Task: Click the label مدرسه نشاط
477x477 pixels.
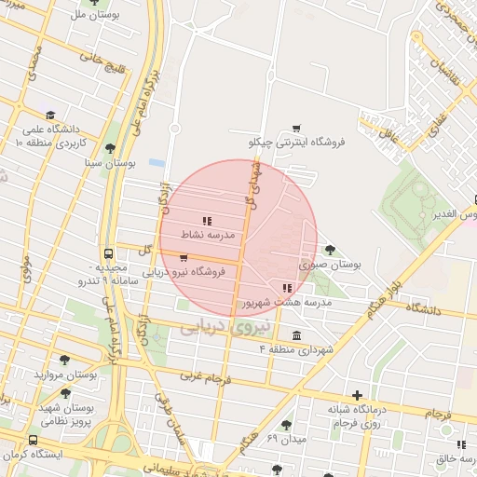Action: tap(215, 237)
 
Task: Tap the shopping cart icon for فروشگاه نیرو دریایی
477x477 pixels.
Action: tap(184, 258)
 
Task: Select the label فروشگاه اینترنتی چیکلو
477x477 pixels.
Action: tap(297, 143)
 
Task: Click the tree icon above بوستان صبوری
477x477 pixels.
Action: tap(330, 249)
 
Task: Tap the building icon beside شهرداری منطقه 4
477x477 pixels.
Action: tap(296, 335)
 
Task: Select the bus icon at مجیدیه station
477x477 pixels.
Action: tap(110, 252)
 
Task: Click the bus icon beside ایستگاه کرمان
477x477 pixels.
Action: tap(34, 440)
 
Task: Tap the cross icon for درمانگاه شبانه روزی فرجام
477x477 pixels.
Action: tap(357, 395)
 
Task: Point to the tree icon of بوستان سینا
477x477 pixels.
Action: tap(110, 147)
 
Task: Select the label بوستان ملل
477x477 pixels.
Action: tap(87, 16)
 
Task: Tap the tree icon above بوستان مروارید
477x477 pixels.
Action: tap(64, 360)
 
